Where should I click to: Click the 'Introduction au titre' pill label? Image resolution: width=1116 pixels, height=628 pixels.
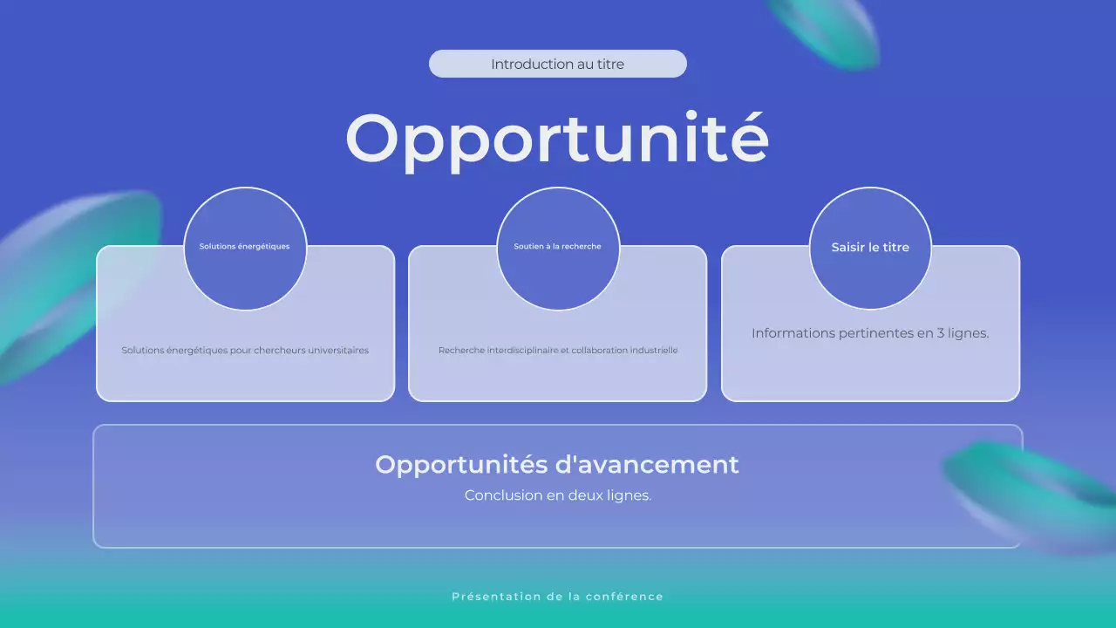pos(557,64)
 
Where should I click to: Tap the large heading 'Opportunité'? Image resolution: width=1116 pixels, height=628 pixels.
pos(557,140)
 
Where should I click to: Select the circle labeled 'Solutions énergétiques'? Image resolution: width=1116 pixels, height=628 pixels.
pos(245,248)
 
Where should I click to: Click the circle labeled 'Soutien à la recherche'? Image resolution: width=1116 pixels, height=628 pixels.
pos(558,248)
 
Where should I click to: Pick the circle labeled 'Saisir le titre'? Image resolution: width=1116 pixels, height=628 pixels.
pos(870,248)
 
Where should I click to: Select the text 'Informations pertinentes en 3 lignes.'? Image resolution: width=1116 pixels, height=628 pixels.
pos(870,333)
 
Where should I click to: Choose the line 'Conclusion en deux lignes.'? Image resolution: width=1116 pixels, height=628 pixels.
pos(558,495)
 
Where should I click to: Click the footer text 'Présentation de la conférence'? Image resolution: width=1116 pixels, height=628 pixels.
pos(557,597)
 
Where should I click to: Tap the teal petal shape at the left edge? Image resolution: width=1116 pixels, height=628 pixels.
pos(70,279)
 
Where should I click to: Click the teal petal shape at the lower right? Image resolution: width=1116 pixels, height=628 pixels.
pos(1033,493)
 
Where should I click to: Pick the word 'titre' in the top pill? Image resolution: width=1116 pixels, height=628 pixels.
pos(610,64)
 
